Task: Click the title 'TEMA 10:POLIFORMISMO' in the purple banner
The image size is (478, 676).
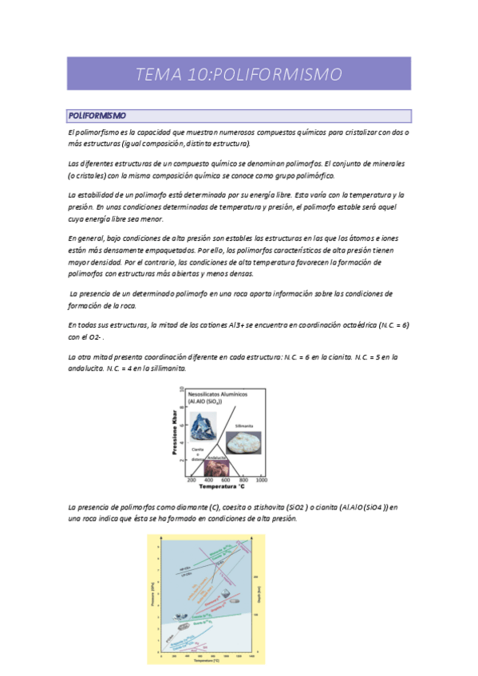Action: pos(239,74)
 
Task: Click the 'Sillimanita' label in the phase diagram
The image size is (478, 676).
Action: pos(243,426)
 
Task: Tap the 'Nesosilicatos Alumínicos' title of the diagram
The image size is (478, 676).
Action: pos(219,394)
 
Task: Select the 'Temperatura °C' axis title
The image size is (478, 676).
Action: pos(223,486)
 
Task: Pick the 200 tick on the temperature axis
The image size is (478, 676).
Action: pos(192,480)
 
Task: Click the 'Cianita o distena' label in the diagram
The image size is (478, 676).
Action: pos(196,452)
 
